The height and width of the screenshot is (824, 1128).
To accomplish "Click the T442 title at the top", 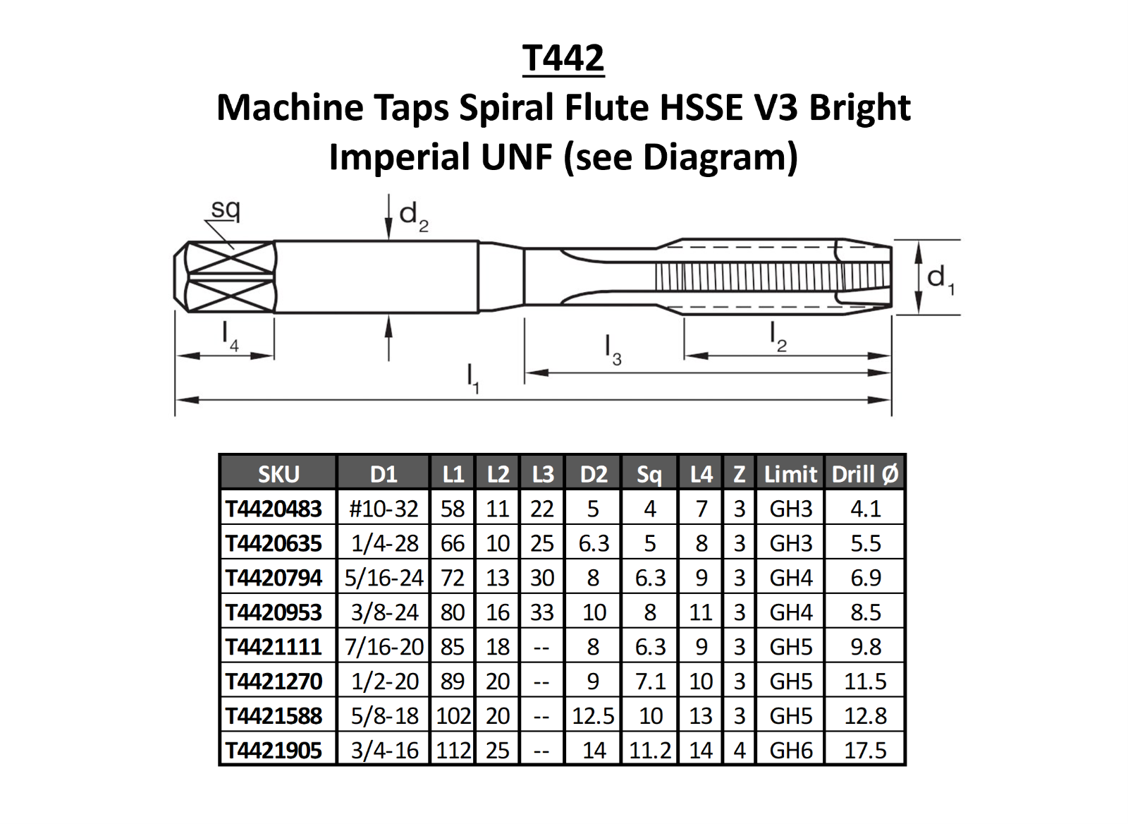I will (x=563, y=58).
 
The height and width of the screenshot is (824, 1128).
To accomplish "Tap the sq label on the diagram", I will (x=226, y=209).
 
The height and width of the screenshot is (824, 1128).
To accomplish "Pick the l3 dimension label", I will (x=613, y=350).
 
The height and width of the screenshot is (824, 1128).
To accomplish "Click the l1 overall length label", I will (x=473, y=378).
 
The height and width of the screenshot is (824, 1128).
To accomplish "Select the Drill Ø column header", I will (x=865, y=474).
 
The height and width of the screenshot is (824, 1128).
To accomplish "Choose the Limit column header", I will (x=790, y=474).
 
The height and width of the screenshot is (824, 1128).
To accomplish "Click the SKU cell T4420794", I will (x=274, y=578).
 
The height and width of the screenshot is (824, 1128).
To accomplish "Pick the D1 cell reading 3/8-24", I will (x=384, y=612).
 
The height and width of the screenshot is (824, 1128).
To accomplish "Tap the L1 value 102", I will (x=453, y=716).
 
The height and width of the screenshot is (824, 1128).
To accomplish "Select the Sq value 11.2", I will (x=649, y=750).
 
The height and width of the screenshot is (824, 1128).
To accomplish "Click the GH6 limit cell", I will (x=790, y=750).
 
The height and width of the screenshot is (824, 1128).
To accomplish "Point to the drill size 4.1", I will (x=865, y=509).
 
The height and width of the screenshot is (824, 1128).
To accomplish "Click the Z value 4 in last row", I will (x=739, y=750).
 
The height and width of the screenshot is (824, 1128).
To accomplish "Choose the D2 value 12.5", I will (x=593, y=716).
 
